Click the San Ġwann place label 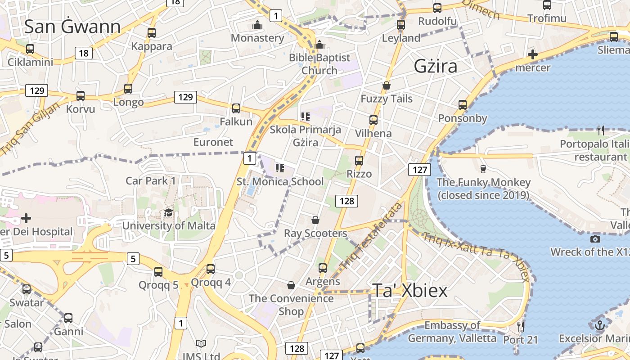coord(72,27)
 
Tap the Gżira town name coord(435,67)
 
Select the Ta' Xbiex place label coord(409,291)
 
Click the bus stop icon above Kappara coord(152,33)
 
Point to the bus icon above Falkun coord(236,108)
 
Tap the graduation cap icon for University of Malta coord(169,212)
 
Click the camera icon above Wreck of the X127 coord(595,239)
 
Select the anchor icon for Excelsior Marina coord(599,325)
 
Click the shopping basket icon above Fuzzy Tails coord(386,85)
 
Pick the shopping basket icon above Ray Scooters coord(315,220)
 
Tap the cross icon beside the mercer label coord(533,55)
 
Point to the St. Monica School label coord(280,182)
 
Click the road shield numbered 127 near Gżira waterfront coord(419,170)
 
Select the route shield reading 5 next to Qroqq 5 coord(133,259)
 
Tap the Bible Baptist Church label coord(319,64)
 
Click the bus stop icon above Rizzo coord(359,161)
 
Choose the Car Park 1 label coord(150,181)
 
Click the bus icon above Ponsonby coord(463,105)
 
